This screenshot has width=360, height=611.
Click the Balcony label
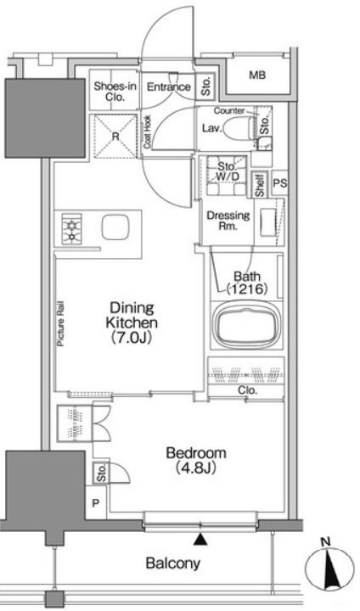[173, 563]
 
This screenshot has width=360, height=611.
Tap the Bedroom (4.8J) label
[196, 460]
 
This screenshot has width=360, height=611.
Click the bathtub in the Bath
[245, 324]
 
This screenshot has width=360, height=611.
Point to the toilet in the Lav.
[239, 127]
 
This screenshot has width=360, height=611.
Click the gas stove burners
[71, 229]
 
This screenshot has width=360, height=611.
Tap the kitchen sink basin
[115, 227]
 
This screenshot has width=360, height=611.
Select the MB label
[257, 76]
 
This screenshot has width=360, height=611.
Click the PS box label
[280, 182]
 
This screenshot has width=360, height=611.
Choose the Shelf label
[260, 185]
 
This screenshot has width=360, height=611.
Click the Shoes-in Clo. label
[115, 91]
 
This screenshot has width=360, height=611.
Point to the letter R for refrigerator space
[115, 137]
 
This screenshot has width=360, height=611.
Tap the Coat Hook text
[148, 132]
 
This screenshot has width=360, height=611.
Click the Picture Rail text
[60, 324]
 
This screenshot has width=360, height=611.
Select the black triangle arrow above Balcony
[200, 539]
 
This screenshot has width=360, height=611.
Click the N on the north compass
[325, 541]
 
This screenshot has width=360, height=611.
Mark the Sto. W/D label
[228, 171]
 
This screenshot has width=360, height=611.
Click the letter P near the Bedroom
[96, 503]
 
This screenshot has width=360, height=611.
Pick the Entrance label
[168, 87]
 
